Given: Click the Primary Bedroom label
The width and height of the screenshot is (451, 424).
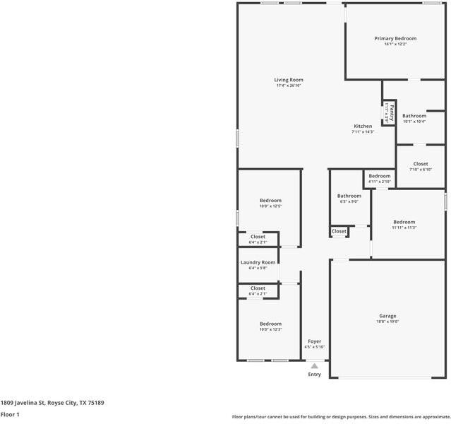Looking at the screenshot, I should click(x=395, y=38).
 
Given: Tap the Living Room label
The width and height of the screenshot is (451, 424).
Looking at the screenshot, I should click(x=289, y=80).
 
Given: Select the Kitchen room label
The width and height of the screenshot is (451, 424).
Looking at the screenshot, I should click(x=363, y=126).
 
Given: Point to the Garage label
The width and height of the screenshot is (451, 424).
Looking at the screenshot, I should click(x=387, y=316).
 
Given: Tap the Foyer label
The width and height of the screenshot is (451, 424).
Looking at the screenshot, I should click(x=314, y=341).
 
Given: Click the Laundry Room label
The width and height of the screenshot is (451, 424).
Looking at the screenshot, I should click(x=258, y=262).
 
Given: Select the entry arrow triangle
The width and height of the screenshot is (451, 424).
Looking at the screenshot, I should click(x=314, y=366).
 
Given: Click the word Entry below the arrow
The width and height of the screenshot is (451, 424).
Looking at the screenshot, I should click(x=314, y=375).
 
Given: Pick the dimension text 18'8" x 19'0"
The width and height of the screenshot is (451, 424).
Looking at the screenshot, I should click(x=387, y=322).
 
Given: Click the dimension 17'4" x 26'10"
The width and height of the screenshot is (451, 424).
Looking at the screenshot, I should click(x=289, y=86).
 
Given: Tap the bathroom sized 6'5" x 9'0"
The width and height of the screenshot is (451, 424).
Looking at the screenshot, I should click(x=349, y=196).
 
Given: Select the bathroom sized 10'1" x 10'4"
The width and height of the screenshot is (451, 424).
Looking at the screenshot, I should click(x=414, y=116).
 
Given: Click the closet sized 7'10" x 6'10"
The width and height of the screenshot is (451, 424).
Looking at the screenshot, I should click(x=421, y=164).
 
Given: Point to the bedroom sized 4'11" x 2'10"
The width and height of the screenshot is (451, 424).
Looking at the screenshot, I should click(x=379, y=176).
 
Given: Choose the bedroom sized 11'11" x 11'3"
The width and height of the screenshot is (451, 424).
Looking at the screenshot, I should click(x=404, y=221).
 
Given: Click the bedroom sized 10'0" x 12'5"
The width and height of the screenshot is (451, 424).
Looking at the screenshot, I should click(x=270, y=201).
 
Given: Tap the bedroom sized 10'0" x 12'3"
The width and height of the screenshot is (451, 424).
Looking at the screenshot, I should click(x=270, y=324).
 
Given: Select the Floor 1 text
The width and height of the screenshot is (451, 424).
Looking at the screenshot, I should click(x=9, y=415).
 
